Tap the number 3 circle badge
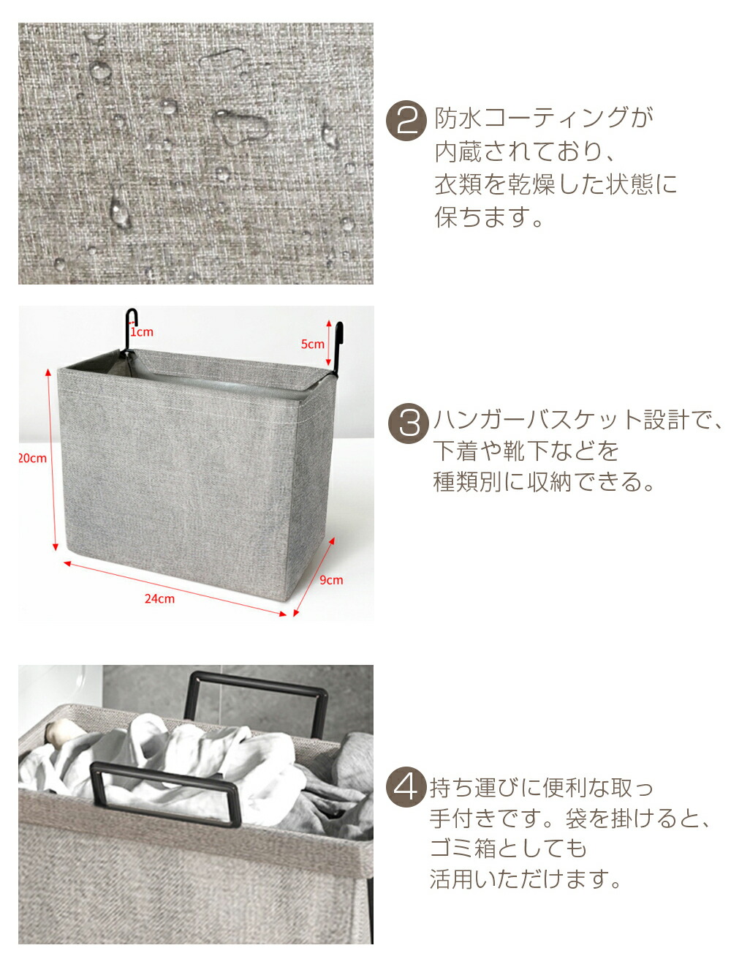point(407,424)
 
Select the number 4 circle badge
point(405,788)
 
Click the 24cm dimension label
point(159,598)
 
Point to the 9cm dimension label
point(330,580)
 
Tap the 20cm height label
point(32,458)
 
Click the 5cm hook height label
point(312,344)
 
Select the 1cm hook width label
point(141,332)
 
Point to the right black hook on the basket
point(337,348)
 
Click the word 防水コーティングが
point(544,118)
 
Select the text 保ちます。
point(488,217)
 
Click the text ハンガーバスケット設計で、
point(577,419)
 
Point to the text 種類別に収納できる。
point(544,481)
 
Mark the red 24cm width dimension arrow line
point(175,587)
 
